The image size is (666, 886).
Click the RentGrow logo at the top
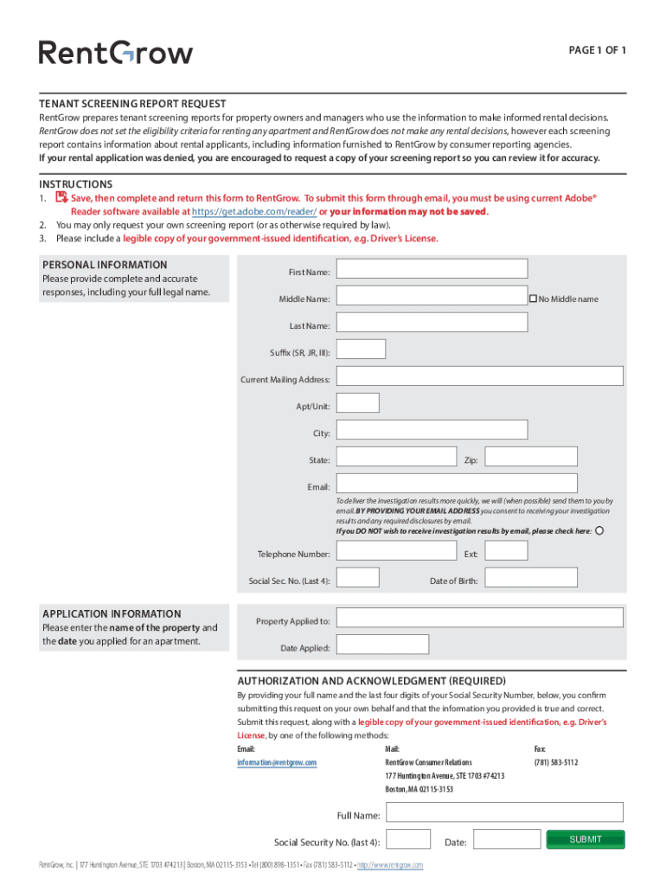[116, 53]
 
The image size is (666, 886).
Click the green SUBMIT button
[585, 839]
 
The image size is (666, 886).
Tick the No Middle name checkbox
[533, 299]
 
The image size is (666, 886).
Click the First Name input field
[432, 269]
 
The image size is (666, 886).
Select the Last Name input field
[432, 322]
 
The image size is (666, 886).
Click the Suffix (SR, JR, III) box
[361, 349]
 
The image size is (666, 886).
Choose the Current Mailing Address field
[479, 376]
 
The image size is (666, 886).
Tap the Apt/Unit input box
[357, 402]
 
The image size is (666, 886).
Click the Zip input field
[505, 456]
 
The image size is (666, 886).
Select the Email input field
[479, 483]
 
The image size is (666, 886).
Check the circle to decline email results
[600, 530]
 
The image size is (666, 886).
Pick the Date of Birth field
[505, 577]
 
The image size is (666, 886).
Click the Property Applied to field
[479, 617]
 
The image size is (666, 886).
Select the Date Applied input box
[382, 644]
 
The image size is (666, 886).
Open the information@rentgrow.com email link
[277, 762]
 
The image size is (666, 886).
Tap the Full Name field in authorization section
[503, 812]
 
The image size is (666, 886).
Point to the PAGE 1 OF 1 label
[597, 50]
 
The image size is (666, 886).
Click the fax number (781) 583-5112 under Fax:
[556, 762]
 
